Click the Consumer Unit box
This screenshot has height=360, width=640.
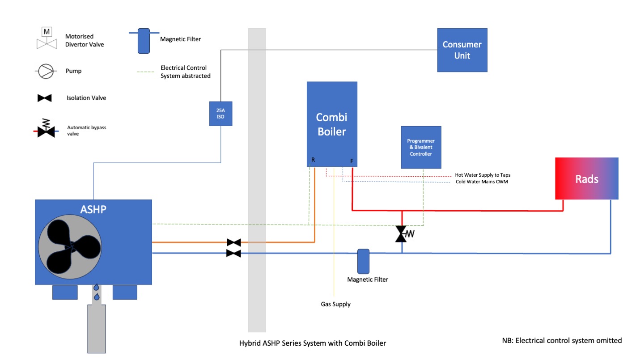(462, 50)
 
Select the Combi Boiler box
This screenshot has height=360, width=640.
(332, 124)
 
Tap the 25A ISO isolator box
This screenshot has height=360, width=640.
(220, 114)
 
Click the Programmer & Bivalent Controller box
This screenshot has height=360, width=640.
(421, 147)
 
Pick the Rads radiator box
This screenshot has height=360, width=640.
(586, 178)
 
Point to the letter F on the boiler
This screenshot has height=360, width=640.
(351, 161)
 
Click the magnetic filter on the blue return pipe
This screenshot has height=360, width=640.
(363, 261)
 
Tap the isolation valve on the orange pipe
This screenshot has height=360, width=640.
(233, 242)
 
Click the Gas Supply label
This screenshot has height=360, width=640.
(335, 304)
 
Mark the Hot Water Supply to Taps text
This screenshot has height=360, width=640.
(483, 175)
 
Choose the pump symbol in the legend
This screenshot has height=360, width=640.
(46, 71)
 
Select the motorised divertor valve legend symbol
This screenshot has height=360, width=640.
(46, 38)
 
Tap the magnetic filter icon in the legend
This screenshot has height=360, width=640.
(144, 41)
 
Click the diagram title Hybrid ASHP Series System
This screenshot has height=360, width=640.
(313, 343)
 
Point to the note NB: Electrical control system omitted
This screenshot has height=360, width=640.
(562, 340)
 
